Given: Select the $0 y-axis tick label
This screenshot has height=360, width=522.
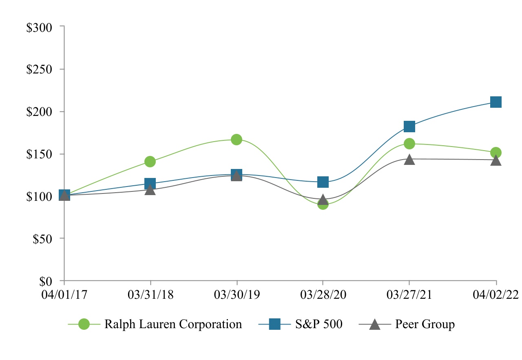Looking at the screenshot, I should click(46, 282).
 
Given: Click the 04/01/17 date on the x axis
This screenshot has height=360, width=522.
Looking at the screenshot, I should click(64, 295).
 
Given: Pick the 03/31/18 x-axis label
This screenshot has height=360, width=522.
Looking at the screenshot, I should click(150, 295).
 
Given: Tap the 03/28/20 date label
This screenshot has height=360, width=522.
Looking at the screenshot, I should click(323, 295).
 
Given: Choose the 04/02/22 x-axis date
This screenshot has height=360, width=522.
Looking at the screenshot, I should click(496, 295).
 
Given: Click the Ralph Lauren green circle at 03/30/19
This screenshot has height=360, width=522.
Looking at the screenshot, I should click(237, 140).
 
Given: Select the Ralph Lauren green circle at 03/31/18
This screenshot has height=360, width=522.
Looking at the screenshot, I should click(150, 162).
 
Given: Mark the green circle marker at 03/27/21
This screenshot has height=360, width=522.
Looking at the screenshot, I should click(409, 144).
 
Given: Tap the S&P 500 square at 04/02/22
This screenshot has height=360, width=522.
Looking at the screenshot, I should click(496, 102).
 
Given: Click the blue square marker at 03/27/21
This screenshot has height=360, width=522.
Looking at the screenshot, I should click(409, 127).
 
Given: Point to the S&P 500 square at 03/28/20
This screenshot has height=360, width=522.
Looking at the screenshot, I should click(323, 182).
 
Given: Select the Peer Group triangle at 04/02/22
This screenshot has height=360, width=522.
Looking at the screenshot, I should click(496, 160).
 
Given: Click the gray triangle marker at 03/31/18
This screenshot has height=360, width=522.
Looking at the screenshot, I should click(150, 190).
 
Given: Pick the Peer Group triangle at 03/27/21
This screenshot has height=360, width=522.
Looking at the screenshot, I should click(409, 159).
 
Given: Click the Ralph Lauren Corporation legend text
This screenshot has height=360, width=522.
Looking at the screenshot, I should click(173, 324).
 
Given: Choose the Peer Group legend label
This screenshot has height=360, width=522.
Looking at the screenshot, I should click(425, 324).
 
